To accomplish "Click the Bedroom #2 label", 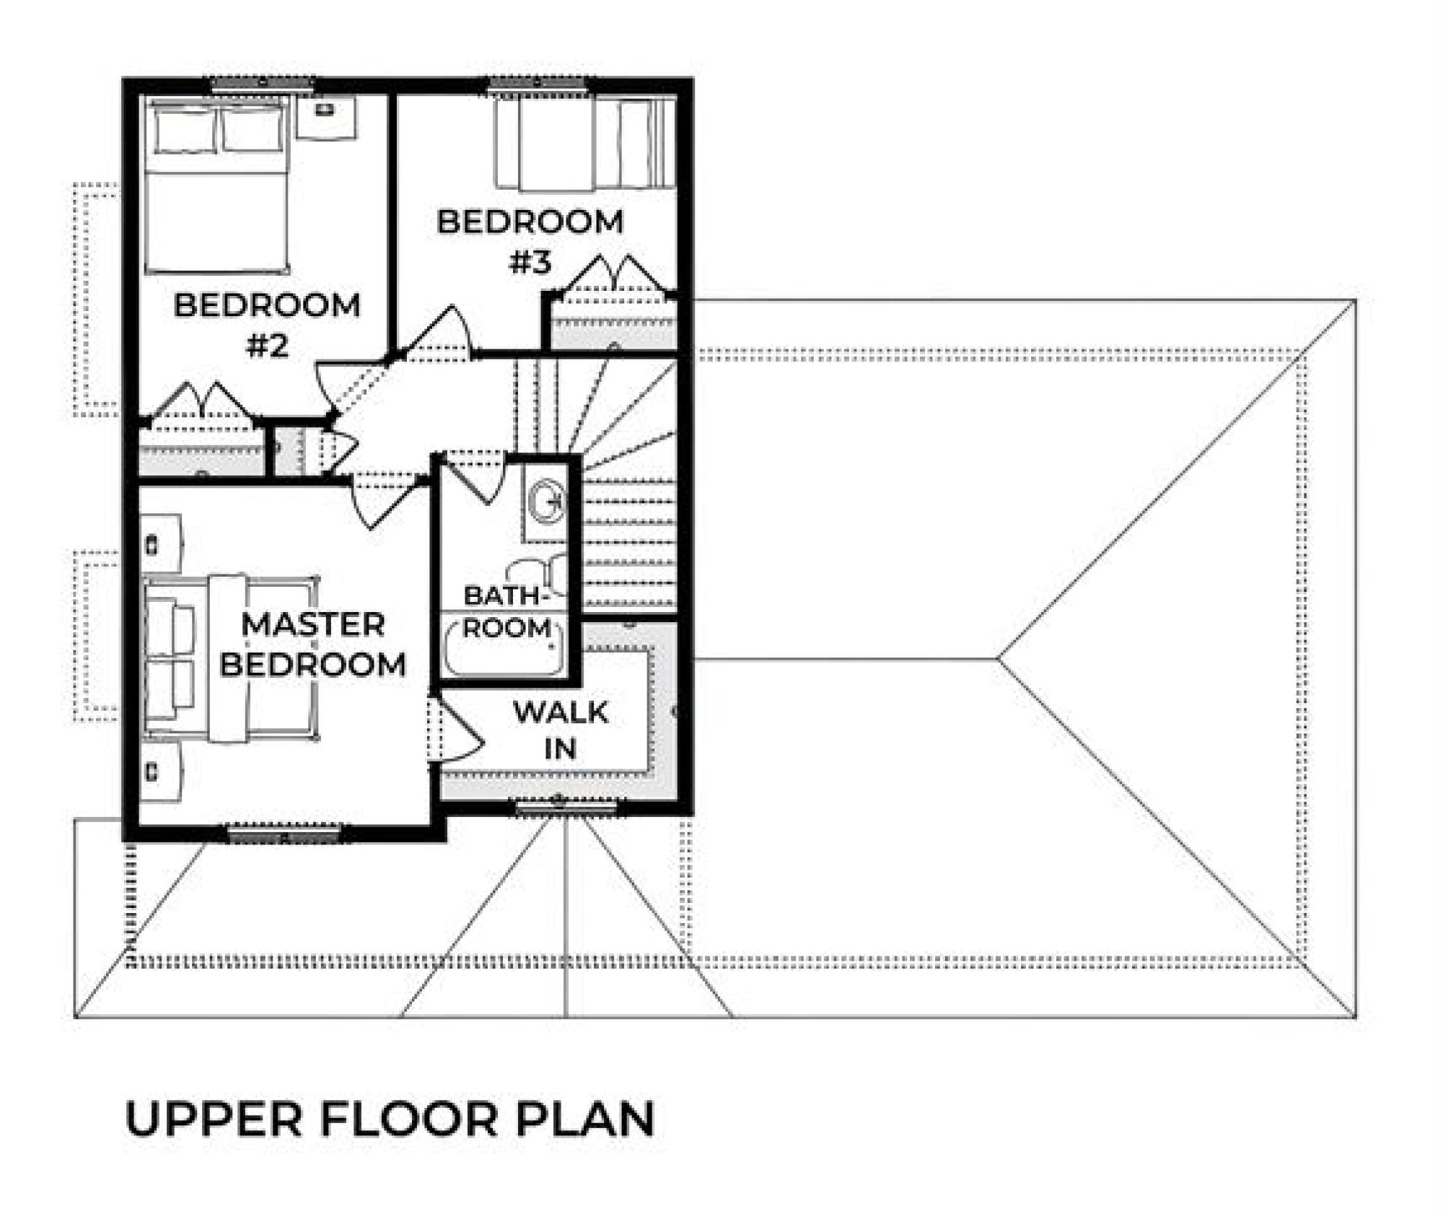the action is click(x=267, y=325).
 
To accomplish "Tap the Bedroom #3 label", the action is click(x=530, y=241).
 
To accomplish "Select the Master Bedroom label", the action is click(x=312, y=644).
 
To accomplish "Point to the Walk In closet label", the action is click(x=561, y=730).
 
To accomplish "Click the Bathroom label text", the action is click(x=507, y=611).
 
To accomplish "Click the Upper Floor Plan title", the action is click(x=390, y=1118).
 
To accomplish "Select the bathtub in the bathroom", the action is click(x=503, y=644).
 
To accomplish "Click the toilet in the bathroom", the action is click(x=548, y=574).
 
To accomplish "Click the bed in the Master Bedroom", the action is click(x=231, y=658).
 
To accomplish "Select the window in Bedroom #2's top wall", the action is click(x=263, y=84).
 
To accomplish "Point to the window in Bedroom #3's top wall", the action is click(x=537, y=84).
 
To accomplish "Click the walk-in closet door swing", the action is click(x=455, y=730).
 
